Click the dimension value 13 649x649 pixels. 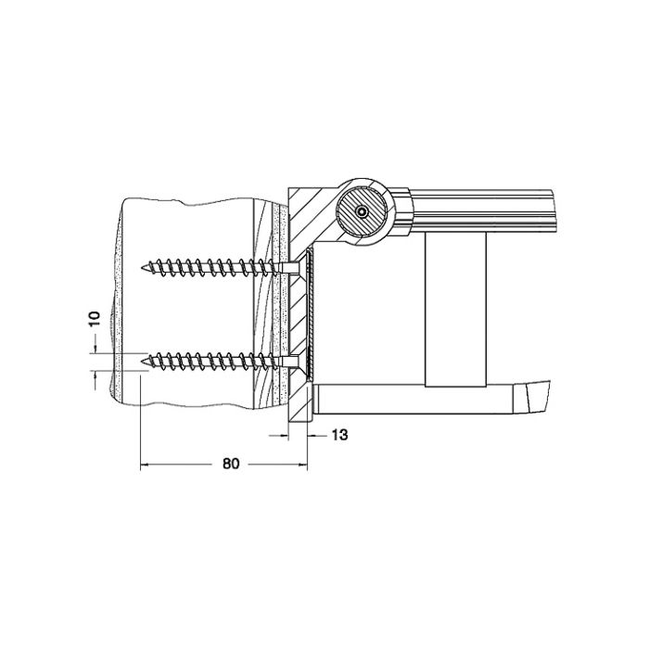pos(338,435)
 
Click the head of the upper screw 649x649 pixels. pos(292,267)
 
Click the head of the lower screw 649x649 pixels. pos(292,360)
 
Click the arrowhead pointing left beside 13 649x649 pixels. pos(313,435)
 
